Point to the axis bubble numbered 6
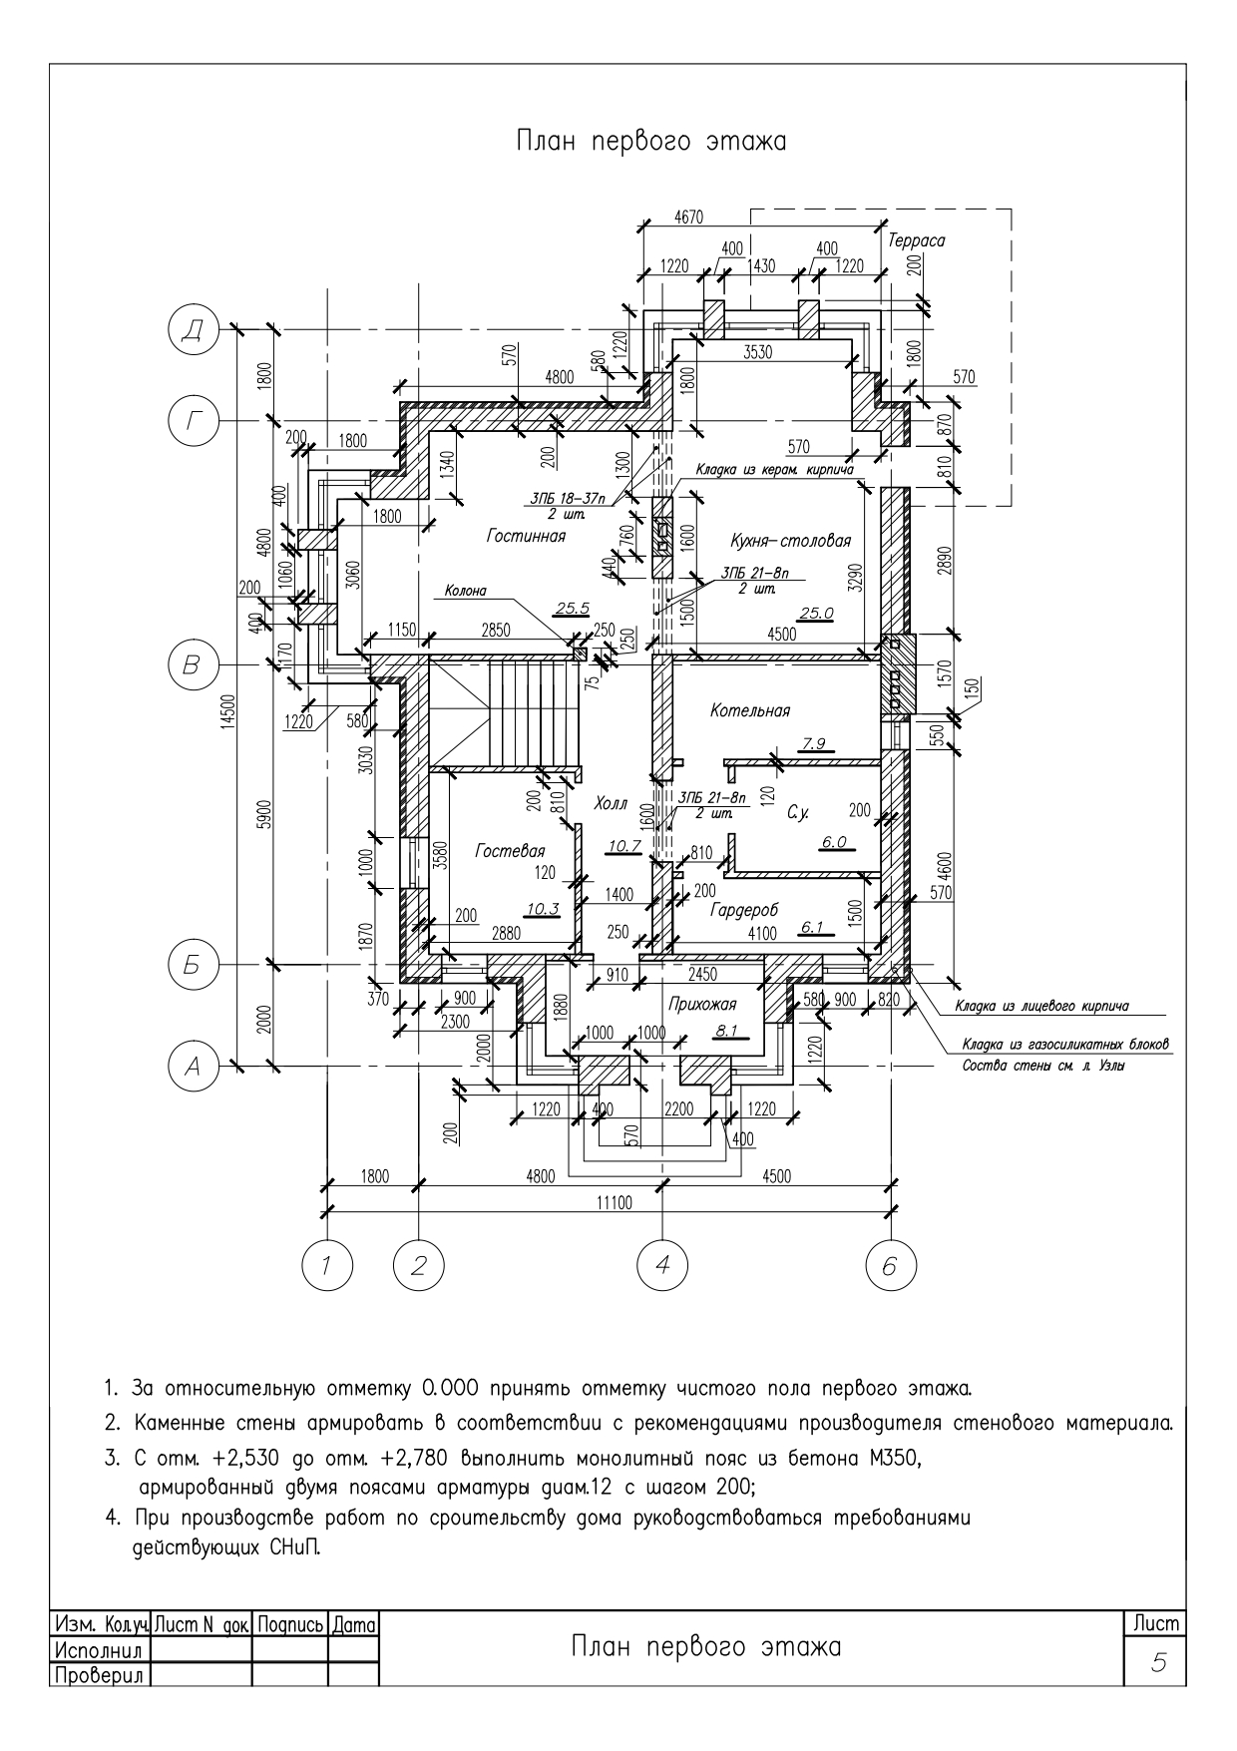coord(889,1266)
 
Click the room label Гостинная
coord(526,537)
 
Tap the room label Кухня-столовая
coord(790,541)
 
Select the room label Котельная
coord(750,711)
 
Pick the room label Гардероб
coord(744,911)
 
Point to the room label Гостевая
coord(510,851)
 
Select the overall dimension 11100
coord(614,1202)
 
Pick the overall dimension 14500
coord(228,697)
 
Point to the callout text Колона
coord(461,591)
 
